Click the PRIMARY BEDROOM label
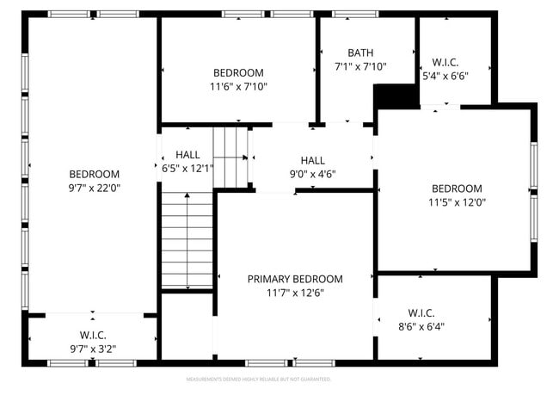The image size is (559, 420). point(295,279)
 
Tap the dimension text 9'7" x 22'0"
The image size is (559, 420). point(95,188)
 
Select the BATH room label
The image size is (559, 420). point(360,52)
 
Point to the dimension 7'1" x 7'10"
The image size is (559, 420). point(360,66)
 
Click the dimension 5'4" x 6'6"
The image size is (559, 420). point(445,76)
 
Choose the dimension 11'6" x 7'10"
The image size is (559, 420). point(238,87)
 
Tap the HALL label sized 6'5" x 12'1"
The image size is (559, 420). point(187,155)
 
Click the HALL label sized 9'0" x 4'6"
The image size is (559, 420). point(313,160)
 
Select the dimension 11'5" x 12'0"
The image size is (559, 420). point(457,203)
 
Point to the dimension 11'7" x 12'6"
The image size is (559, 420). point(295,293)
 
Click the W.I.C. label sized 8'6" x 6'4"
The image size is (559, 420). point(421,312)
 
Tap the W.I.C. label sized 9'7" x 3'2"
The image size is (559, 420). point(93,335)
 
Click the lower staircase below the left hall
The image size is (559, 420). point(187,240)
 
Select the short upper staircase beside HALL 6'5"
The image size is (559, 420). point(230,155)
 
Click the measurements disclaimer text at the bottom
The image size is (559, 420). point(259,379)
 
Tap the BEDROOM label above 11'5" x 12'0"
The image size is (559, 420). point(457,189)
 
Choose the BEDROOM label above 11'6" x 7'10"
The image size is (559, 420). point(238,73)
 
